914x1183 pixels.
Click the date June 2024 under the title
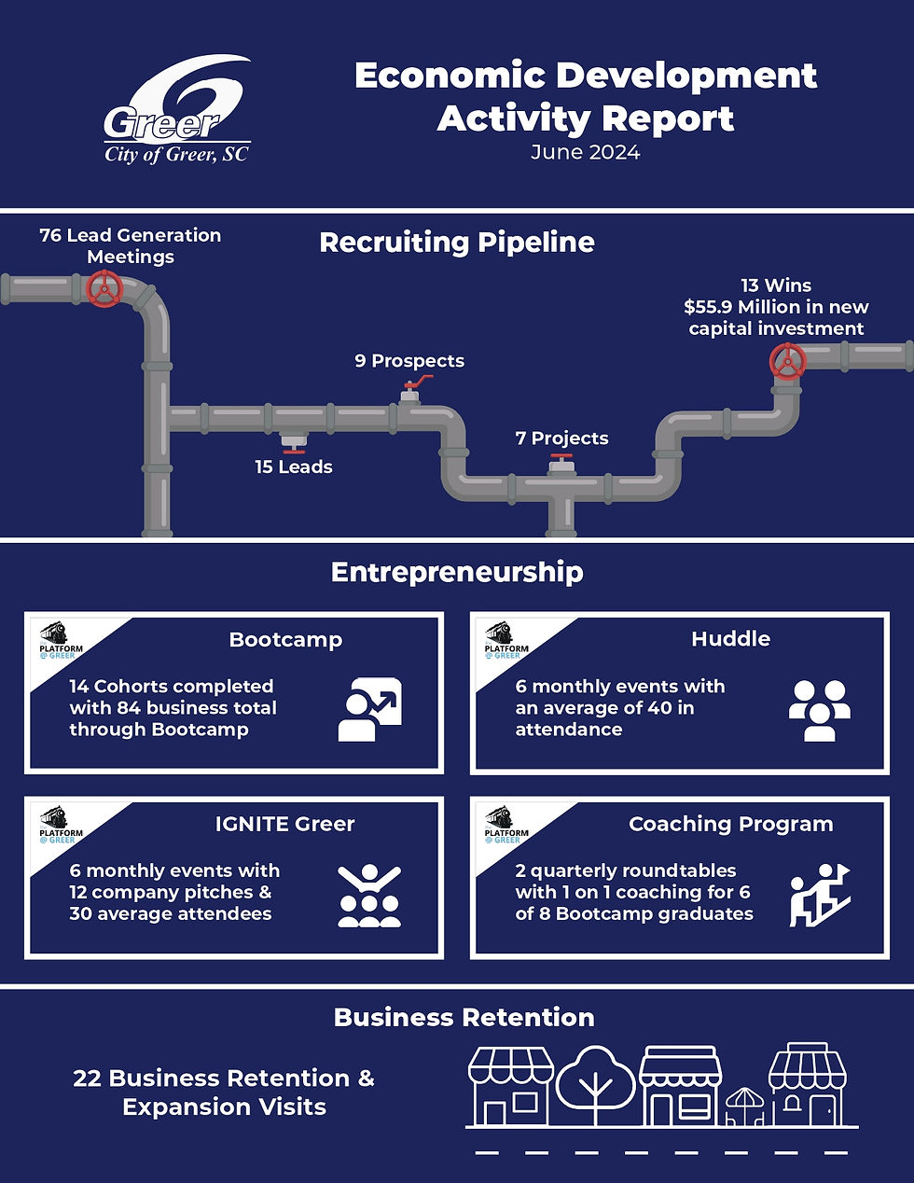(x=585, y=153)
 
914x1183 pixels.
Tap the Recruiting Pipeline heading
(x=456, y=243)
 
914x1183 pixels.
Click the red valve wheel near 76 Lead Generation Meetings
(x=104, y=289)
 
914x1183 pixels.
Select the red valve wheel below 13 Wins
(x=788, y=362)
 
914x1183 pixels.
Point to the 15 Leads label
(x=294, y=467)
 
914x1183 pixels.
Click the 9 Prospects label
(x=409, y=361)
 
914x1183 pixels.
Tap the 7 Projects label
(x=561, y=438)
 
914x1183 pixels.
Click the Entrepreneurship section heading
(x=457, y=572)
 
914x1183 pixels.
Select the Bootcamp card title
(x=285, y=640)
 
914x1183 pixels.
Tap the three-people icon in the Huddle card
(x=819, y=710)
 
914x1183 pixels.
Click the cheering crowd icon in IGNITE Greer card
(x=369, y=897)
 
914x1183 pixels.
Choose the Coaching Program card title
(x=730, y=824)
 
